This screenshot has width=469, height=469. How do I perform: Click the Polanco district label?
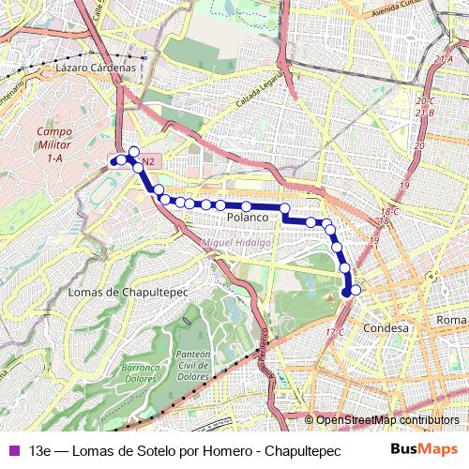[x=248, y=217]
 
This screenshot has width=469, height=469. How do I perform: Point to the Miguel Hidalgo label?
[x=236, y=242]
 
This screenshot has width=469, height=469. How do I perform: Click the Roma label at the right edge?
[x=451, y=321]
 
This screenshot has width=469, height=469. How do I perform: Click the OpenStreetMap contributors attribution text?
[x=387, y=420]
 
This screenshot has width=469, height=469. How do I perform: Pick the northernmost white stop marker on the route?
[x=134, y=151]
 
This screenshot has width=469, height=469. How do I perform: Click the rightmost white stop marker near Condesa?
[x=356, y=290]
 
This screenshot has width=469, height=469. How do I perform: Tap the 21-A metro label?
[x=444, y=59]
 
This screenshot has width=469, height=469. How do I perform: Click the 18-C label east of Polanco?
[x=389, y=212]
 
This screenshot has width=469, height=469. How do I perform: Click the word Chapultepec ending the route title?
[x=298, y=448]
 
